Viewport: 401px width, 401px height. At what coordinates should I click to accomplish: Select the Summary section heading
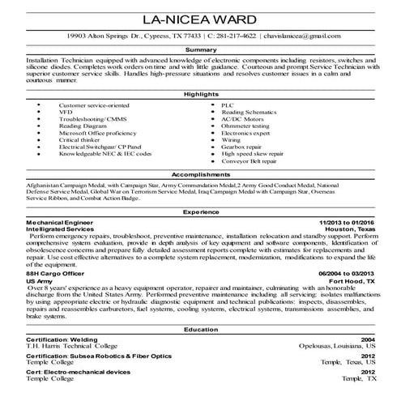pos(200,49)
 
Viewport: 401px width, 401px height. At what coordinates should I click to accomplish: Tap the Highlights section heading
pos(200,94)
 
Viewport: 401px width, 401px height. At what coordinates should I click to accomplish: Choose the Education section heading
pos(200,331)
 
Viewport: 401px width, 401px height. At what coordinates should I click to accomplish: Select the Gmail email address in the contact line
pos(306,36)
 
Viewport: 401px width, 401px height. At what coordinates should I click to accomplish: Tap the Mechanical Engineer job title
pos(60,221)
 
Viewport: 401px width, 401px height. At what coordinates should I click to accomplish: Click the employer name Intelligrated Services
pos(59,228)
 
